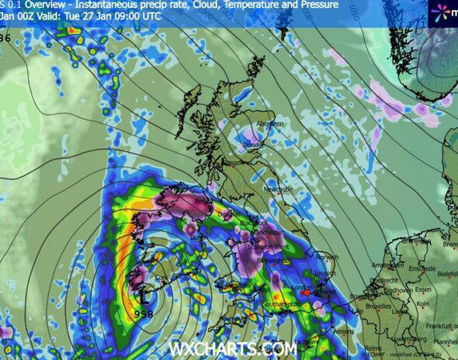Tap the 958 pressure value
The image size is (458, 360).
[x=144, y=314]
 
